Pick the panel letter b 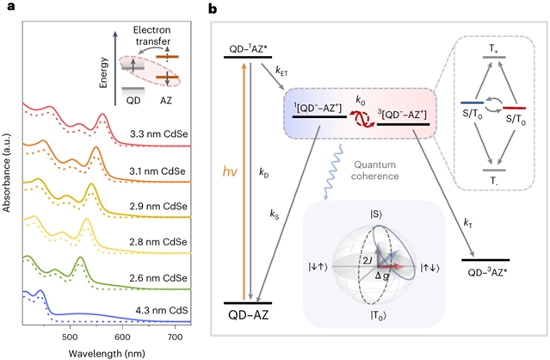213,9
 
